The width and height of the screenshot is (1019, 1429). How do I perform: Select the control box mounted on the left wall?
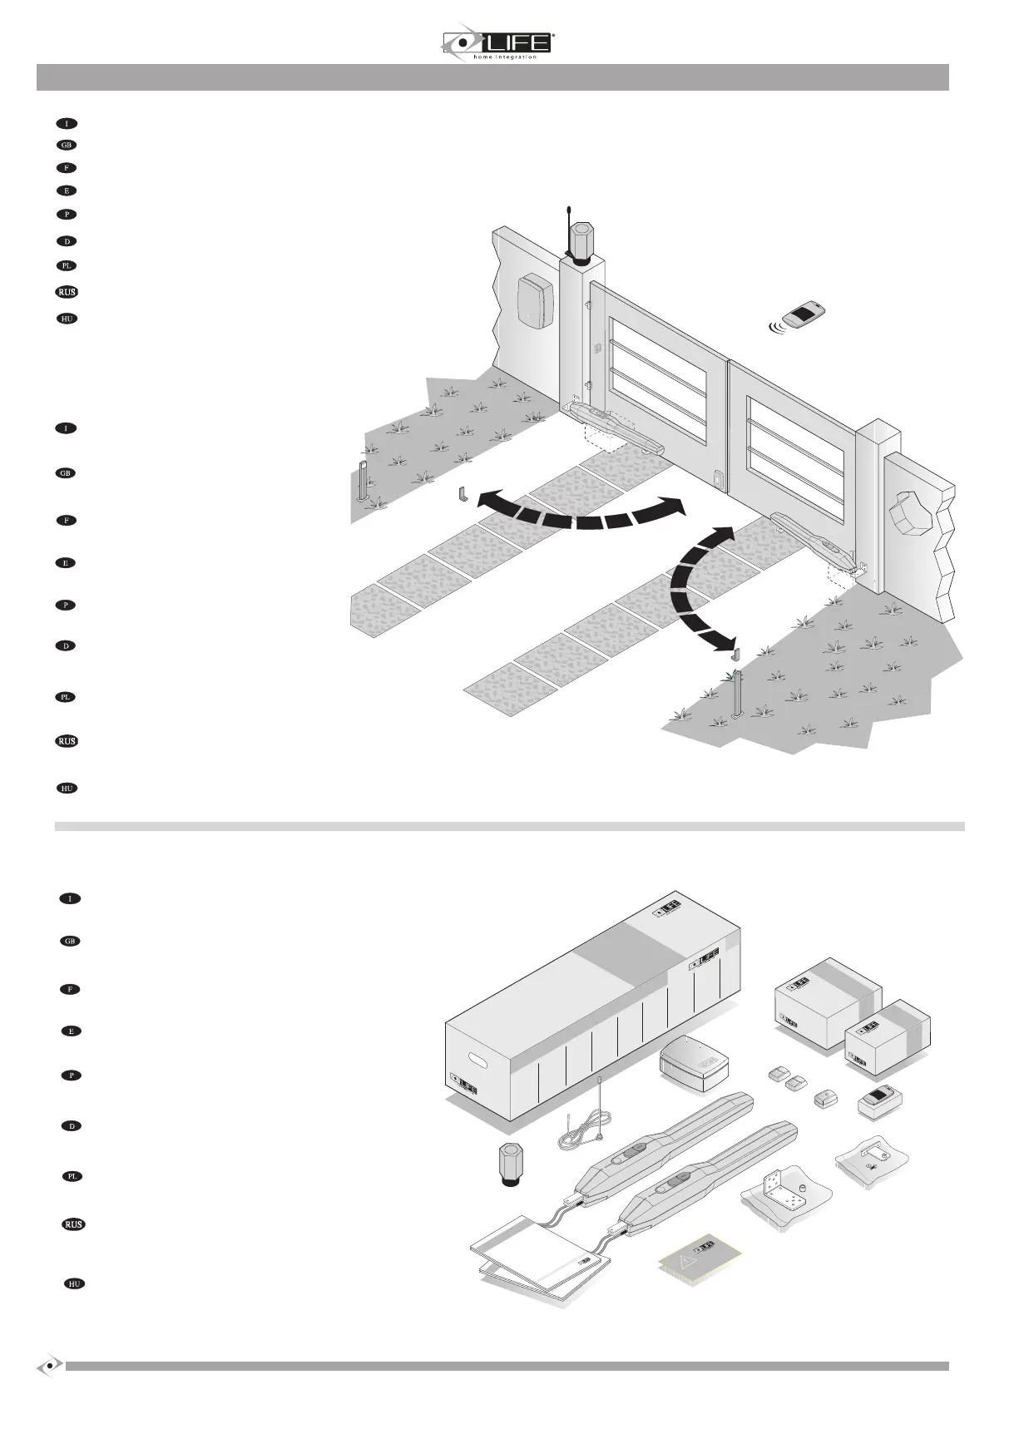tap(535, 301)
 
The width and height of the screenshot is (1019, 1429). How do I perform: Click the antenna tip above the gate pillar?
tap(567, 210)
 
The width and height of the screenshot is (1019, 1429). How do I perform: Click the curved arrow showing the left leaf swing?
tap(582, 511)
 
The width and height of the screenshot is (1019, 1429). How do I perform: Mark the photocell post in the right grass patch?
tap(735, 694)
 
